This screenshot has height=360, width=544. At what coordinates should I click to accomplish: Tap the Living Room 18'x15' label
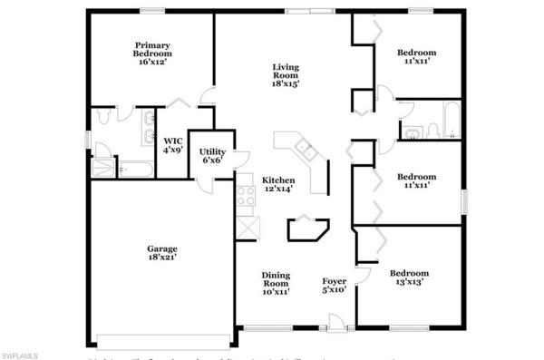286,75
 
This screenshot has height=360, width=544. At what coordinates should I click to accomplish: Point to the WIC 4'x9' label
172,145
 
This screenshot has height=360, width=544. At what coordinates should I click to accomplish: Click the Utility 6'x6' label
212,155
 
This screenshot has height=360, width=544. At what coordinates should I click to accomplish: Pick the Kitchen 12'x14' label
279,185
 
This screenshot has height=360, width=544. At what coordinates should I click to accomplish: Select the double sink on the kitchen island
301,151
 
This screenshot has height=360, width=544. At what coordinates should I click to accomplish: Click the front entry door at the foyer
336,320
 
